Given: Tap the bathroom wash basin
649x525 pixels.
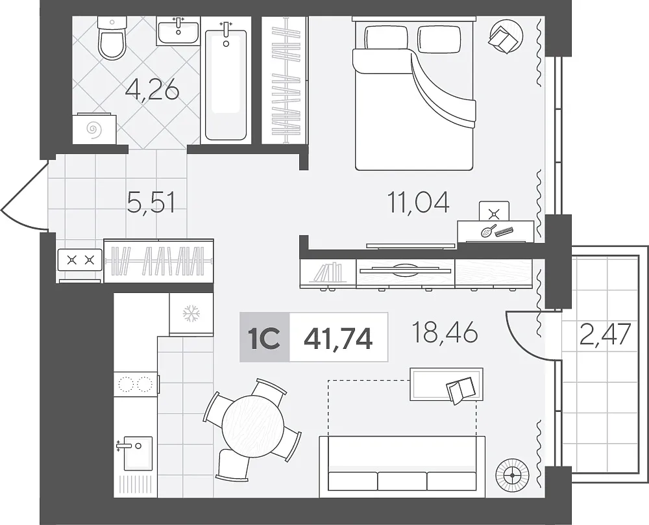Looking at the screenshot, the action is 178,31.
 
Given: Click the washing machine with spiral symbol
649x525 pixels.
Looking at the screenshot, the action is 94,129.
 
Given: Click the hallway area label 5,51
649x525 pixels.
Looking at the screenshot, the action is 151,203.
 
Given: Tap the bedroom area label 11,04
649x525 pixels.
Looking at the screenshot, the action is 418,203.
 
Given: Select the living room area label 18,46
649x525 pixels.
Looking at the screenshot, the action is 445,333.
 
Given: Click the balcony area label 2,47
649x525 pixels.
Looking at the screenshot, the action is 605,335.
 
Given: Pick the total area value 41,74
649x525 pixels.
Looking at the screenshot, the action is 338,338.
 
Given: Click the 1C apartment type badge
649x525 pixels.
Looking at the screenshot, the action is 265,338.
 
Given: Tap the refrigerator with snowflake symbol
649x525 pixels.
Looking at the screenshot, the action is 191,314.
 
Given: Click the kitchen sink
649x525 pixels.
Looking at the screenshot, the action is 136,454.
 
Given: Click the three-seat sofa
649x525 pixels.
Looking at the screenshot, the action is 402,467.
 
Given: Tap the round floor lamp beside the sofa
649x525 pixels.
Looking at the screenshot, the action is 513,475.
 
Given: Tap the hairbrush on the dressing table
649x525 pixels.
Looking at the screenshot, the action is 489,231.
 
